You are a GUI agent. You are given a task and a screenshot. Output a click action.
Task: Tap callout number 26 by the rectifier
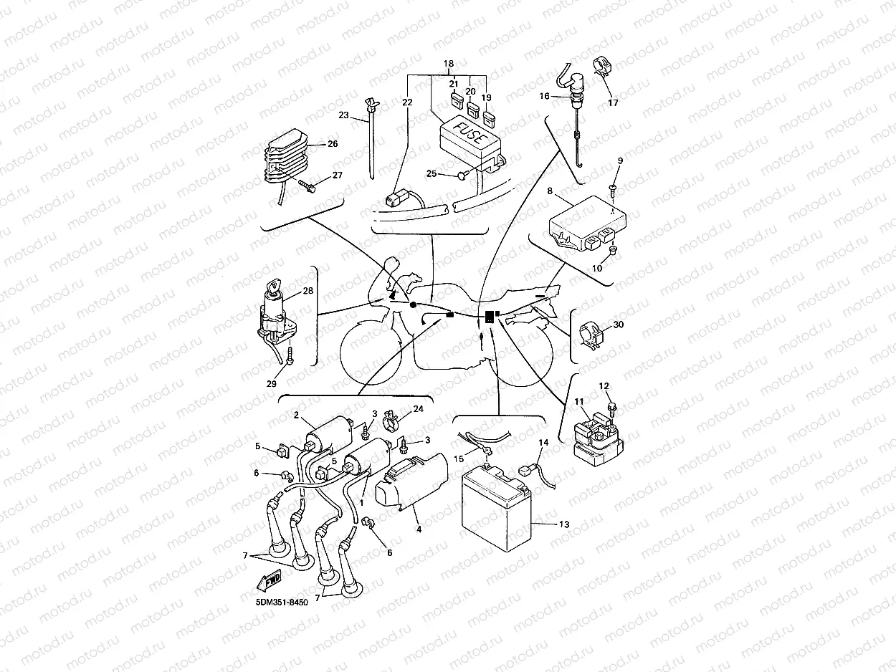tap(332, 144)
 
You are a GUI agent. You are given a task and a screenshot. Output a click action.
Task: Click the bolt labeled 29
tap(289, 355)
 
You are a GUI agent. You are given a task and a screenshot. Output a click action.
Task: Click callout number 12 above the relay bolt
tap(604, 387)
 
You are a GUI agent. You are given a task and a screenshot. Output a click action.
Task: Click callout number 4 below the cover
tap(419, 529)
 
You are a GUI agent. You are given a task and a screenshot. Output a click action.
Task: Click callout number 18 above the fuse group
tap(449, 64)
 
